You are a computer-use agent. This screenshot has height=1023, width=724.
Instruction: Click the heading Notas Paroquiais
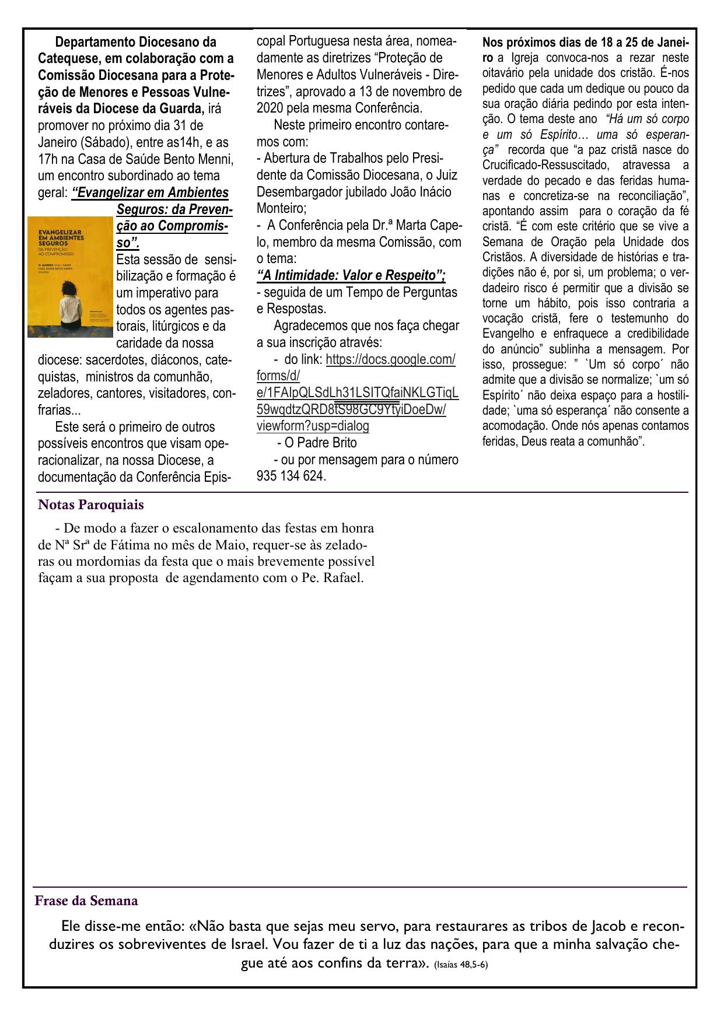click(x=90, y=505)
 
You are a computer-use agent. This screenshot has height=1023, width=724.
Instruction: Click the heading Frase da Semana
click(x=86, y=901)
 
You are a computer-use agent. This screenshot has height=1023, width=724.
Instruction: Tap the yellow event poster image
click(x=70, y=276)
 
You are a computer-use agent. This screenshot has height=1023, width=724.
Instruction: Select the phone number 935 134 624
click(x=291, y=477)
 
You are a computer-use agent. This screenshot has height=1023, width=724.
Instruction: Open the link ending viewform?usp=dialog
click(x=313, y=426)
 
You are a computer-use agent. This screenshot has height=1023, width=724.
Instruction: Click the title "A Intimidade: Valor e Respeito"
click(x=351, y=275)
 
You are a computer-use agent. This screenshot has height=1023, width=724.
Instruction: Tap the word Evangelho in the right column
click(x=511, y=334)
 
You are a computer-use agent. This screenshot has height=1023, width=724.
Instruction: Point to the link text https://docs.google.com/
click(x=390, y=359)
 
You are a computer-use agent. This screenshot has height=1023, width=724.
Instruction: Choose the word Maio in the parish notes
click(x=239, y=545)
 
